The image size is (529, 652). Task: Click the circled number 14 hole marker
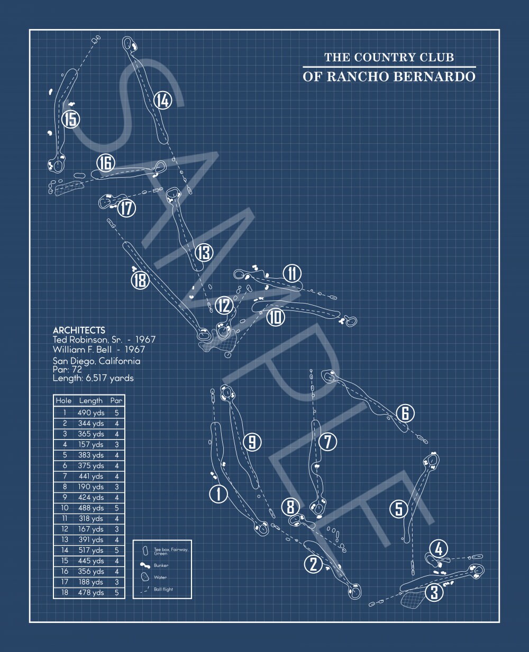162,100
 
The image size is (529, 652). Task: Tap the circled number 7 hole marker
327,442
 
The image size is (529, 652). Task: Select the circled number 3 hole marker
434,592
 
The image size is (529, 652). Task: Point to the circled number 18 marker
140,280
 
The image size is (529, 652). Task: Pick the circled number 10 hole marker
276,317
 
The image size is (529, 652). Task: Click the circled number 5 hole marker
399,509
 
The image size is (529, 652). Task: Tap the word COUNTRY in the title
385,57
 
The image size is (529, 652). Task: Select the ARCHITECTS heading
79,330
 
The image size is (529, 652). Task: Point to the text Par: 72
67,370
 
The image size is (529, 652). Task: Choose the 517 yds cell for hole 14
91,550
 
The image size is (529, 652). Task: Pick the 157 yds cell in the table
91,445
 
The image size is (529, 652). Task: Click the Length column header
90,401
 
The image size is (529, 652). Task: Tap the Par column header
116,400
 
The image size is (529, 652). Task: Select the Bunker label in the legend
161,565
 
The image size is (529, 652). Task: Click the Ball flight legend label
163,589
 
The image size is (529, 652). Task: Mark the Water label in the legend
160,577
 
